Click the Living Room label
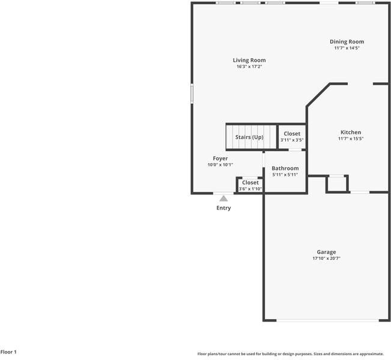(249, 60)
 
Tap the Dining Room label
(347, 41)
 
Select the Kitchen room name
(351, 132)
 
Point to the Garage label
(327, 252)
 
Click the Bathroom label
(285, 169)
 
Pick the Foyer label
(220, 158)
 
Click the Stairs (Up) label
(249, 137)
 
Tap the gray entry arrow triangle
(223, 198)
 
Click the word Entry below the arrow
(223, 208)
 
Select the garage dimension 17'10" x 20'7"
(327, 259)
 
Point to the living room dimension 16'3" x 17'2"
(249, 67)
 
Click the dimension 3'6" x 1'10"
(250, 189)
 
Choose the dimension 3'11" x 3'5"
(292, 140)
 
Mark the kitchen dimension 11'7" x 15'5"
(351, 139)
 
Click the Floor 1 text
(8, 352)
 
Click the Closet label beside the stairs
(292, 134)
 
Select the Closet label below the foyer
(250, 182)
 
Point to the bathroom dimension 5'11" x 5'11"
(285, 175)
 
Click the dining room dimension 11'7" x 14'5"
(347, 48)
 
